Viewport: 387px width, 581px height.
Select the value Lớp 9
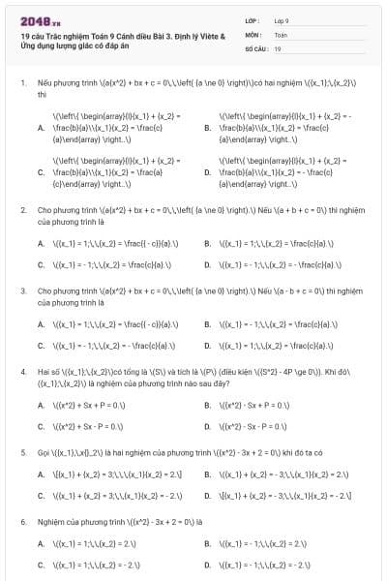[x=282, y=19]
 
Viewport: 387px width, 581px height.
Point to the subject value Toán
[x=281, y=34]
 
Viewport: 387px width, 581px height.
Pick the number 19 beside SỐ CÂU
[x=278, y=47]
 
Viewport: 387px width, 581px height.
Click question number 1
[x=22, y=85]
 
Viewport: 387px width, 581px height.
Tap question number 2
[x=22, y=209]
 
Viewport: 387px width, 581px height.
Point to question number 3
[x=22, y=290]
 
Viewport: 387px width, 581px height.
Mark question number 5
[x=22, y=451]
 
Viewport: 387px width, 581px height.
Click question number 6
[x=22, y=521]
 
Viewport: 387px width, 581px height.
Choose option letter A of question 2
[x=41, y=244]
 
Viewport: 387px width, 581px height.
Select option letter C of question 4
[x=41, y=425]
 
